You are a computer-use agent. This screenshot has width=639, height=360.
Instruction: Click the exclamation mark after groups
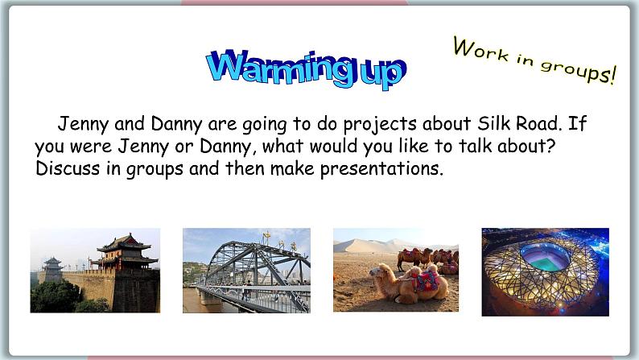coord(612,76)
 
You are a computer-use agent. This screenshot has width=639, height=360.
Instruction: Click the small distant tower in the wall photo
coord(53,265)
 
